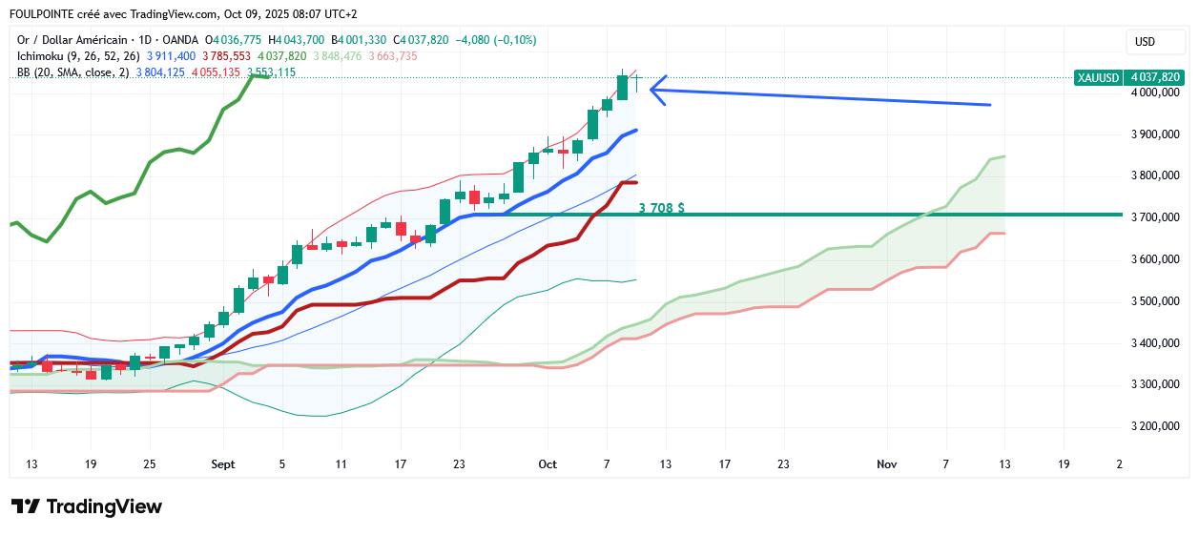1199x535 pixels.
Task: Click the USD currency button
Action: [x=1146, y=42]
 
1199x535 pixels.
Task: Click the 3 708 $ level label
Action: [x=661, y=207]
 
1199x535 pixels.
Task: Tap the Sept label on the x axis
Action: [x=222, y=464]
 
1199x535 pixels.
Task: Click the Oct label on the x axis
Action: [x=548, y=464]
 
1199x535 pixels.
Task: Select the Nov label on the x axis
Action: [x=887, y=464]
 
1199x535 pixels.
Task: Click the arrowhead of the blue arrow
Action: [x=652, y=91]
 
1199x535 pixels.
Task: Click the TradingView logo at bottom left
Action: [x=87, y=506]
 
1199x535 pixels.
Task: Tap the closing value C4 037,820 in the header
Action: [x=423, y=40]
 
